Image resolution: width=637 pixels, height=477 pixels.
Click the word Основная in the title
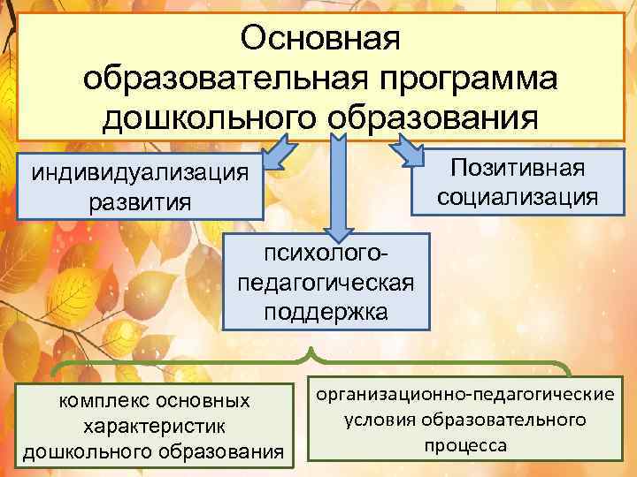click(x=321, y=38)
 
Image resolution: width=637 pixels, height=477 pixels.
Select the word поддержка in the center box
click(x=326, y=313)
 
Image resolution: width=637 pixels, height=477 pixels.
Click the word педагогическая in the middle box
click(x=326, y=284)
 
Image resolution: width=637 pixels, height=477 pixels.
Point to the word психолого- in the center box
click(x=326, y=254)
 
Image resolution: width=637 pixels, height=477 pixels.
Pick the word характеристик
click(x=154, y=427)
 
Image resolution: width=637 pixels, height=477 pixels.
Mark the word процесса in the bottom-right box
click(x=464, y=444)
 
